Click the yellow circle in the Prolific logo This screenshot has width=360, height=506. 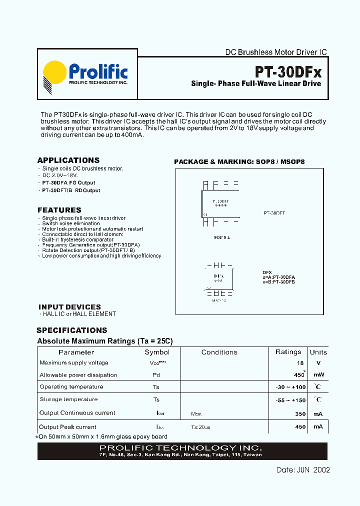(55, 73)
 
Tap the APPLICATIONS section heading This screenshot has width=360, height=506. (68, 160)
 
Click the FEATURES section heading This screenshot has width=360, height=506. (59, 210)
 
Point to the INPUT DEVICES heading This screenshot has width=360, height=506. (69, 306)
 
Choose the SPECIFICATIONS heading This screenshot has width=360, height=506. (72, 330)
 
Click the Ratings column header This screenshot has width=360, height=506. (288, 352)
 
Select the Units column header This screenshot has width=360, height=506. (318, 352)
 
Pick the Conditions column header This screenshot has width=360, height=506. (219, 352)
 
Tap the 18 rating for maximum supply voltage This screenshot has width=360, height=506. (300, 363)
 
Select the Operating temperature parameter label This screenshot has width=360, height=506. (71, 387)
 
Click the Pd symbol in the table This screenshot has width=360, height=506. (156, 375)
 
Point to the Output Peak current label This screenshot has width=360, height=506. (68, 427)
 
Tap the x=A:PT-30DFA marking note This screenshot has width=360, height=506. (278, 276)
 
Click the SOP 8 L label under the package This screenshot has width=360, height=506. (221, 237)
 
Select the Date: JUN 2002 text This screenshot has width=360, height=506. (303, 470)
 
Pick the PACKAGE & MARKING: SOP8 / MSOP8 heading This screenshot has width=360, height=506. (239, 162)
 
